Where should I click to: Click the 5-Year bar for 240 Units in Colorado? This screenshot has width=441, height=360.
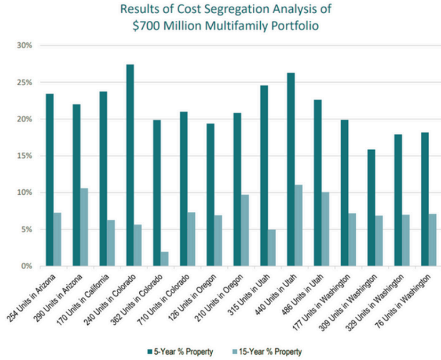click(130, 165)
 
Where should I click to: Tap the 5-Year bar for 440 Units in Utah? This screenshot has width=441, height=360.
click(291, 169)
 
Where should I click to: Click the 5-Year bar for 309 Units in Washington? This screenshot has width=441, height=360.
click(371, 208)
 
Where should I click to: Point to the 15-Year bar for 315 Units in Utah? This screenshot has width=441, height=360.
click(272, 248)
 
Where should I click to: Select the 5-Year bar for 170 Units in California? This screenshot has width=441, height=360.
click(103, 179)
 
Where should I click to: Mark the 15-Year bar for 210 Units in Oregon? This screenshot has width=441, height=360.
click(245, 230)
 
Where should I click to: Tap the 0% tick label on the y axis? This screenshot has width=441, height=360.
click(26, 266)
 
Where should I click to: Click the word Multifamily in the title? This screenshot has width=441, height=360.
click(239, 25)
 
